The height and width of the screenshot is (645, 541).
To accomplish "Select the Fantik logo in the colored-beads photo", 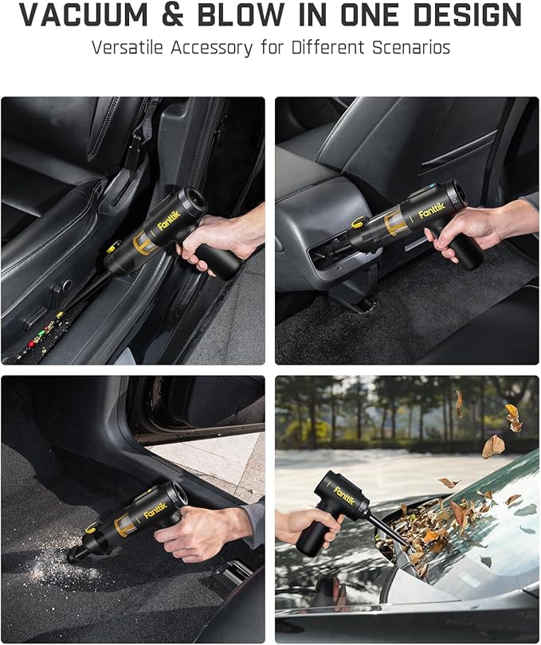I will pos(170,218).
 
